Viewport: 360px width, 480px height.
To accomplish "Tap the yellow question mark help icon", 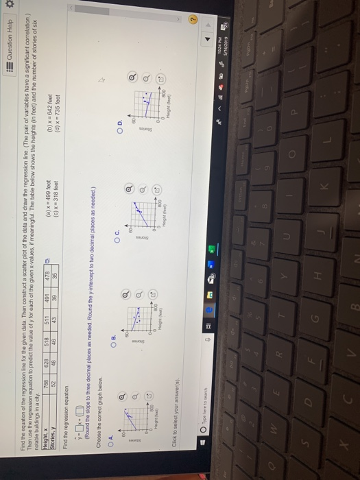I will (x=346, y=322).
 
